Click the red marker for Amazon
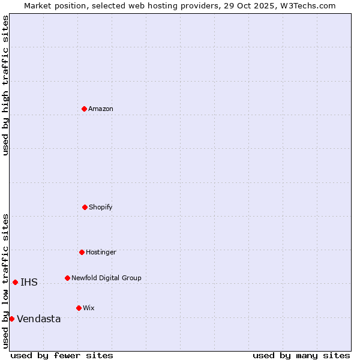[84, 109]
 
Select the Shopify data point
[85, 207]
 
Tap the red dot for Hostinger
[82, 252]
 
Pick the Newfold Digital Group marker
[67, 278]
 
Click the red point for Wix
[79, 308]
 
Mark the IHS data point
[15, 282]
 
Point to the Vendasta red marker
[11, 319]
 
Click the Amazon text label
[101, 109]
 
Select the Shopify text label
[101, 207]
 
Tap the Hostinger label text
[101, 252]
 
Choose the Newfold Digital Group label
[106, 278]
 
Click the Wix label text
[89, 308]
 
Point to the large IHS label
[29, 283]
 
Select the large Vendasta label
[39, 319]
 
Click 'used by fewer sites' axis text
[62, 355]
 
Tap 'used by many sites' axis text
[301, 355]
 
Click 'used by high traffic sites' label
[5, 85]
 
